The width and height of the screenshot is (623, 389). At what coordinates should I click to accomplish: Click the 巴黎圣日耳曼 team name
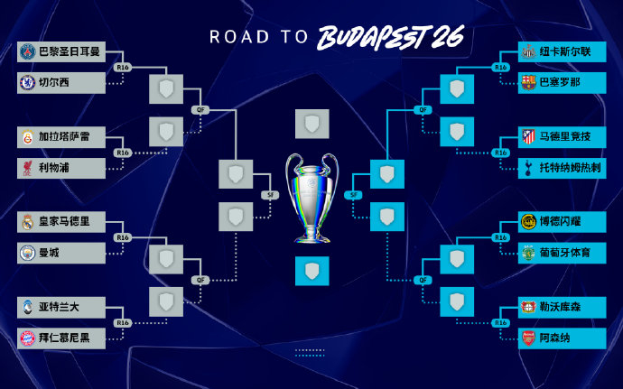(68, 51)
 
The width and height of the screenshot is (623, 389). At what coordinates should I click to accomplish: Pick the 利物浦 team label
(57, 167)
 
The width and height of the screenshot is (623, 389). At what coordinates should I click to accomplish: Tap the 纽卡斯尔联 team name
(566, 51)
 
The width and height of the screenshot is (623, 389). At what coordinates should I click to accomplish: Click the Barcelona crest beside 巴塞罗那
(527, 82)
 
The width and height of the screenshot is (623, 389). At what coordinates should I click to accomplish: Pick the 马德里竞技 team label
(566, 136)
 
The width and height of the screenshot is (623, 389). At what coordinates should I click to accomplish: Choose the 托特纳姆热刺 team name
(572, 167)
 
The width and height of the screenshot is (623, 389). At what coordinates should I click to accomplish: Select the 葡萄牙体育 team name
(566, 253)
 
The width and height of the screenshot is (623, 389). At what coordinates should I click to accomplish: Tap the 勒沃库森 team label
(561, 307)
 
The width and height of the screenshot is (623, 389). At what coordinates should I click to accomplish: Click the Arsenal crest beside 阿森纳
(527, 338)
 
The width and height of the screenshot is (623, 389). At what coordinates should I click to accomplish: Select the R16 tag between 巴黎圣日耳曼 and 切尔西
(123, 67)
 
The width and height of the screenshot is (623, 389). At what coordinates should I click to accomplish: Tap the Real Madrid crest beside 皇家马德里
(28, 221)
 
